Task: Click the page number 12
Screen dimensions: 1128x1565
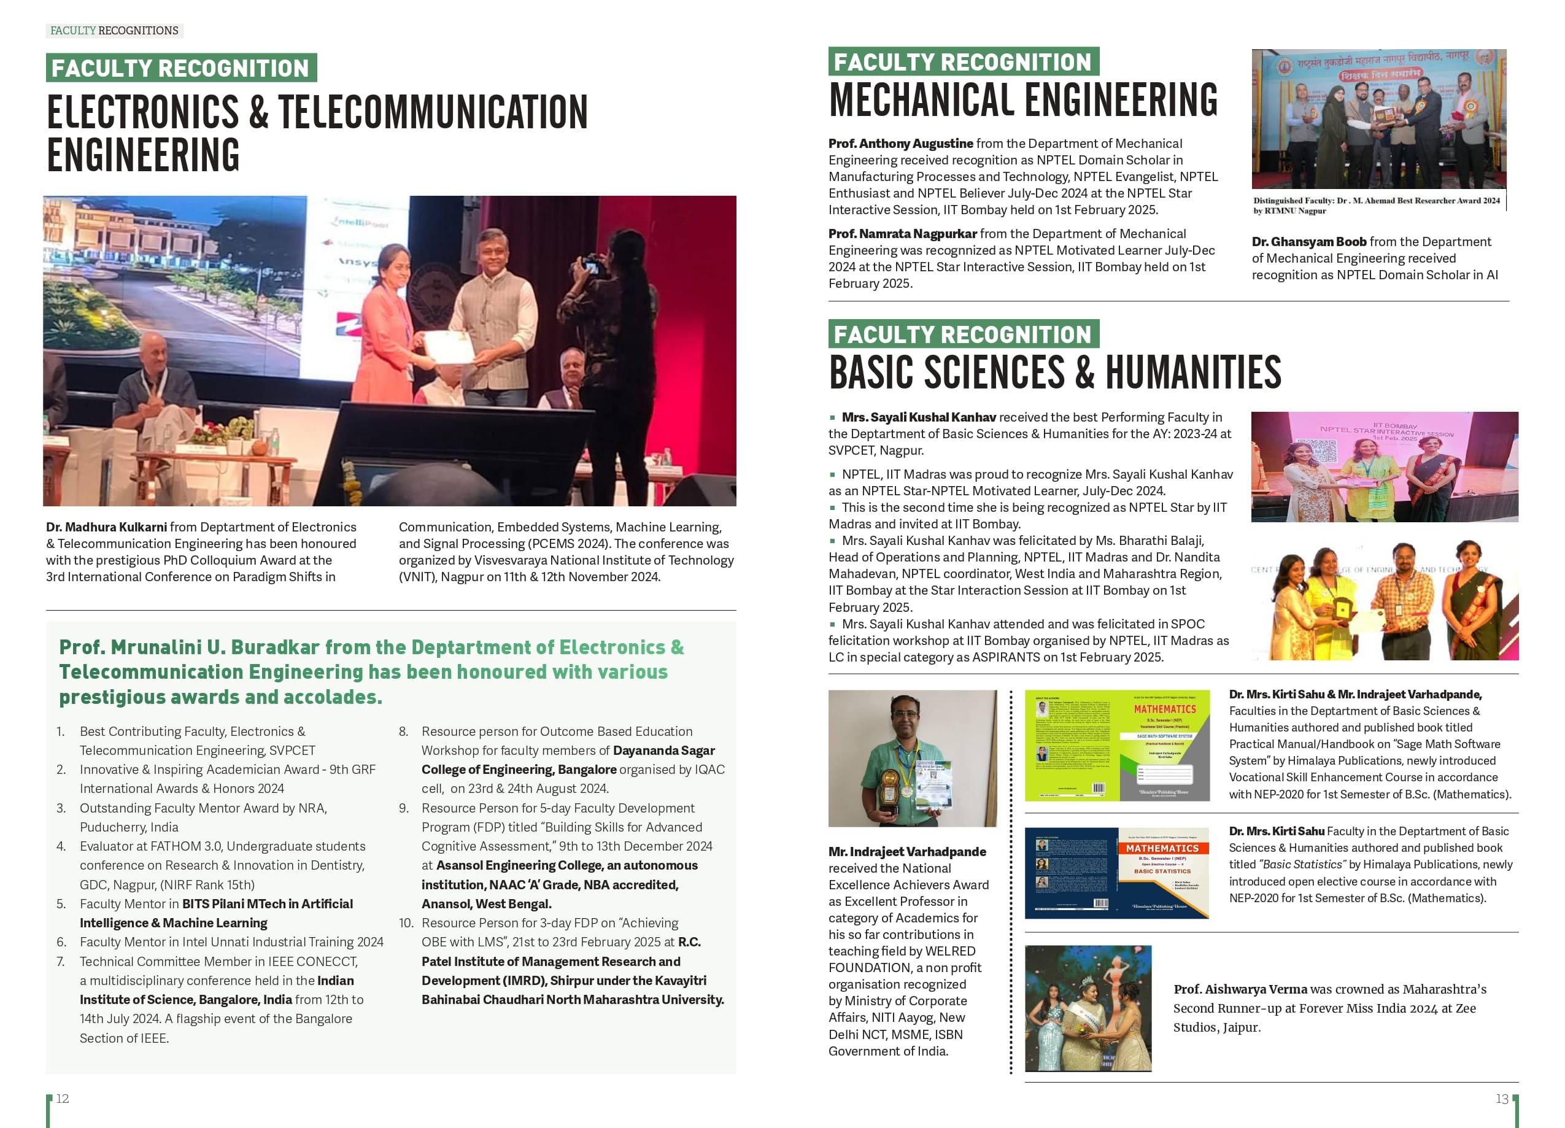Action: (62, 1099)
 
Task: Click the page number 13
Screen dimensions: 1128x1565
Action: (1502, 1099)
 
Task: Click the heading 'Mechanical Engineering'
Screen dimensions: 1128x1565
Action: (1023, 101)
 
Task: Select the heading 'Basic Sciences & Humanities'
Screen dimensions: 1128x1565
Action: (1054, 373)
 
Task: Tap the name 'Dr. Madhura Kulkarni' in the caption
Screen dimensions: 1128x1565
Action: (106, 527)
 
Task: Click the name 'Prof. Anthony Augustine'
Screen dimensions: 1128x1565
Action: (900, 144)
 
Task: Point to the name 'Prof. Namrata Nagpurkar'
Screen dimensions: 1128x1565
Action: (903, 234)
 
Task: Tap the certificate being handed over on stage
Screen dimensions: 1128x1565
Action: (449, 347)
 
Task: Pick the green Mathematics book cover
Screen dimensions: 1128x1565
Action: (1116, 745)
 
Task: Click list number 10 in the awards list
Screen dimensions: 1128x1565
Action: (406, 923)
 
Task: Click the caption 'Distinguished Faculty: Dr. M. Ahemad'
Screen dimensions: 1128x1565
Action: (1376, 201)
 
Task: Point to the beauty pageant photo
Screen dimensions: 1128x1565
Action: (1088, 1008)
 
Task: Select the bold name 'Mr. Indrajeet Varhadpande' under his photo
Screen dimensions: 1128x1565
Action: (906, 852)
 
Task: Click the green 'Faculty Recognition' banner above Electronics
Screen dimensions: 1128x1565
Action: (181, 68)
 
